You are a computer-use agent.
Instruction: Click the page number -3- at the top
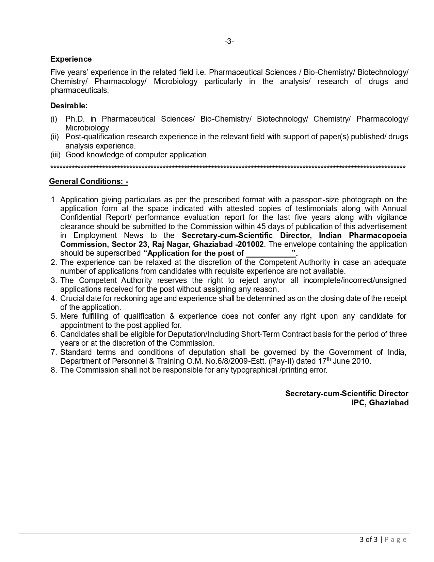229,42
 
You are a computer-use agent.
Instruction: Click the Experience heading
71,59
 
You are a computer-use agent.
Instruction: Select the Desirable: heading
69,106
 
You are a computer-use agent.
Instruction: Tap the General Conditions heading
89,182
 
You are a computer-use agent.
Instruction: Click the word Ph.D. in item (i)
75,119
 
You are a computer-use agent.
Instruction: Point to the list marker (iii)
55,155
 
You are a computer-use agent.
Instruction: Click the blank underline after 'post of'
271,253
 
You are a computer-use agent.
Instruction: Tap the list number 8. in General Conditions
54,370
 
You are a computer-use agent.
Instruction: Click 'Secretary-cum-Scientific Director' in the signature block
347,394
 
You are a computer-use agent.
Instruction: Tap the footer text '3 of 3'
368,540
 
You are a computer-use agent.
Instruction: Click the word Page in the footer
396,540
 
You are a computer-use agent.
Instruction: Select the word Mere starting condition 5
69,316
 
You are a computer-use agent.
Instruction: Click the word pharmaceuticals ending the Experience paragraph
79,91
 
